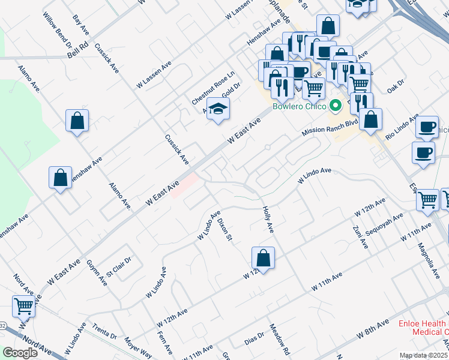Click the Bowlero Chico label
(299, 107)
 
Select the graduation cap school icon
(218, 109)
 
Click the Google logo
(20, 353)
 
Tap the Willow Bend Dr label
(58, 29)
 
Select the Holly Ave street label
(268, 220)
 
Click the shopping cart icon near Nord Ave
(24, 307)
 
